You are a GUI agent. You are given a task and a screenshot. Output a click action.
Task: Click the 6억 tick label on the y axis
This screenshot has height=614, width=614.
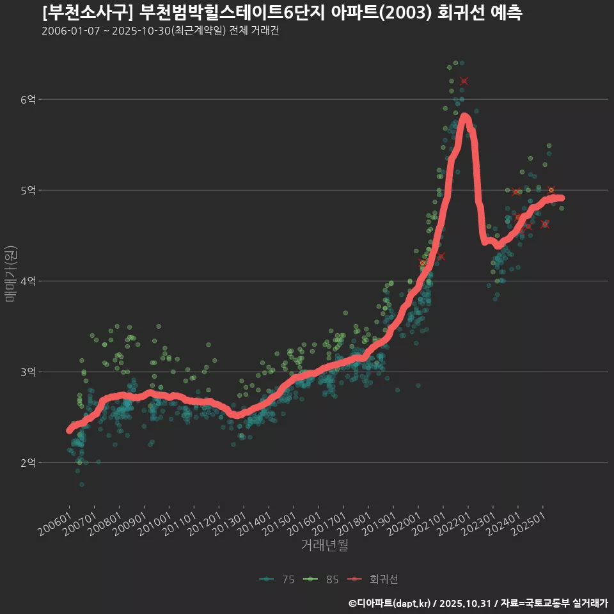click(x=28, y=99)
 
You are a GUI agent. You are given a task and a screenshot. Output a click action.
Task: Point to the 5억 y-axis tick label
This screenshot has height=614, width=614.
click(x=28, y=190)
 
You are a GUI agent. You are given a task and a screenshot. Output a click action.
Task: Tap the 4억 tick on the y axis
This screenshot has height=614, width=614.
click(x=28, y=281)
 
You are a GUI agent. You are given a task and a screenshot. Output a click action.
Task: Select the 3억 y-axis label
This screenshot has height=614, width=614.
click(x=28, y=372)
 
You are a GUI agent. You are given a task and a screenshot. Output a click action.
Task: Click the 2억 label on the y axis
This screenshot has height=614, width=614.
click(x=28, y=462)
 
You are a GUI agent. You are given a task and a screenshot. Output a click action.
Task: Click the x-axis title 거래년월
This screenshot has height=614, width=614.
click(x=325, y=546)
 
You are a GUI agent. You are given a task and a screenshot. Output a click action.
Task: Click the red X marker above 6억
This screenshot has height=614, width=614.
click(x=464, y=81)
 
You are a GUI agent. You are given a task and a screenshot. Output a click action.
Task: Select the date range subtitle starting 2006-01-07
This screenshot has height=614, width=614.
click(x=160, y=31)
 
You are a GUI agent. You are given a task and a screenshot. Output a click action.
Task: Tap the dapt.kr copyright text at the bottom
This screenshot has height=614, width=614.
click(x=478, y=603)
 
